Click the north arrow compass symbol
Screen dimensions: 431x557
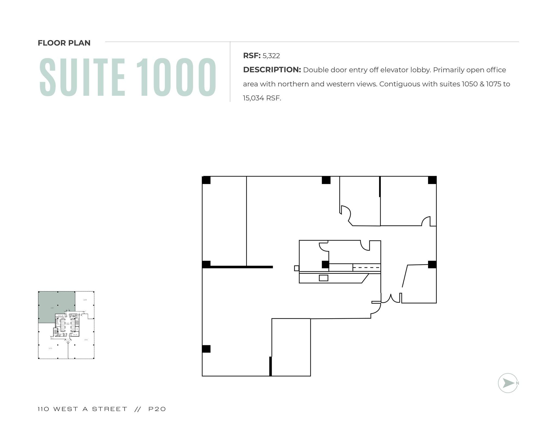point(508,383)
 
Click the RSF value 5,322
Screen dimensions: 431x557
point(271,56)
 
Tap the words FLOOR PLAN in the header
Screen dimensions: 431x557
point(64,43)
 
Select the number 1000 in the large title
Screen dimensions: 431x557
point(176,77)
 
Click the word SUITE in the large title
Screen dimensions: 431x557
point(82,77)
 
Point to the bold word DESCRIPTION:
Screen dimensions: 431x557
point(272,70)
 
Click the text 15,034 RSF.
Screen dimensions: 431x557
point(262,98)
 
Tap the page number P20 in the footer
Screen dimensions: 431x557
point(157,409)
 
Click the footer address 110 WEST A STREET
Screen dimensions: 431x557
point(82,409)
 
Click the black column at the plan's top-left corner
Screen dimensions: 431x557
point(206,180)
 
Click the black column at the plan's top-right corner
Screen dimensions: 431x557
point(432,180)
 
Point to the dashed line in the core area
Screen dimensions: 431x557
point(366,268)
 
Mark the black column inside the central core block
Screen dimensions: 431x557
point(326,264)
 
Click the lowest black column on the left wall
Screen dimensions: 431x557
point(206,349)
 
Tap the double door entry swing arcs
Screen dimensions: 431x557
point(391,298)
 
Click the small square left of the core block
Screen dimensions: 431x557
point(296,268)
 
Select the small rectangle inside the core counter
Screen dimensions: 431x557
point(323,278)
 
